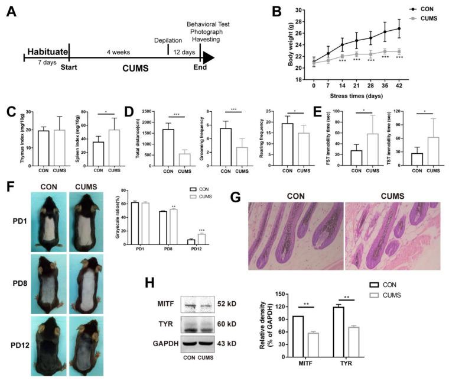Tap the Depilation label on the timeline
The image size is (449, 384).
(x=168, y=40)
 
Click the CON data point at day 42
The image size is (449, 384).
(x=399, y=28)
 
